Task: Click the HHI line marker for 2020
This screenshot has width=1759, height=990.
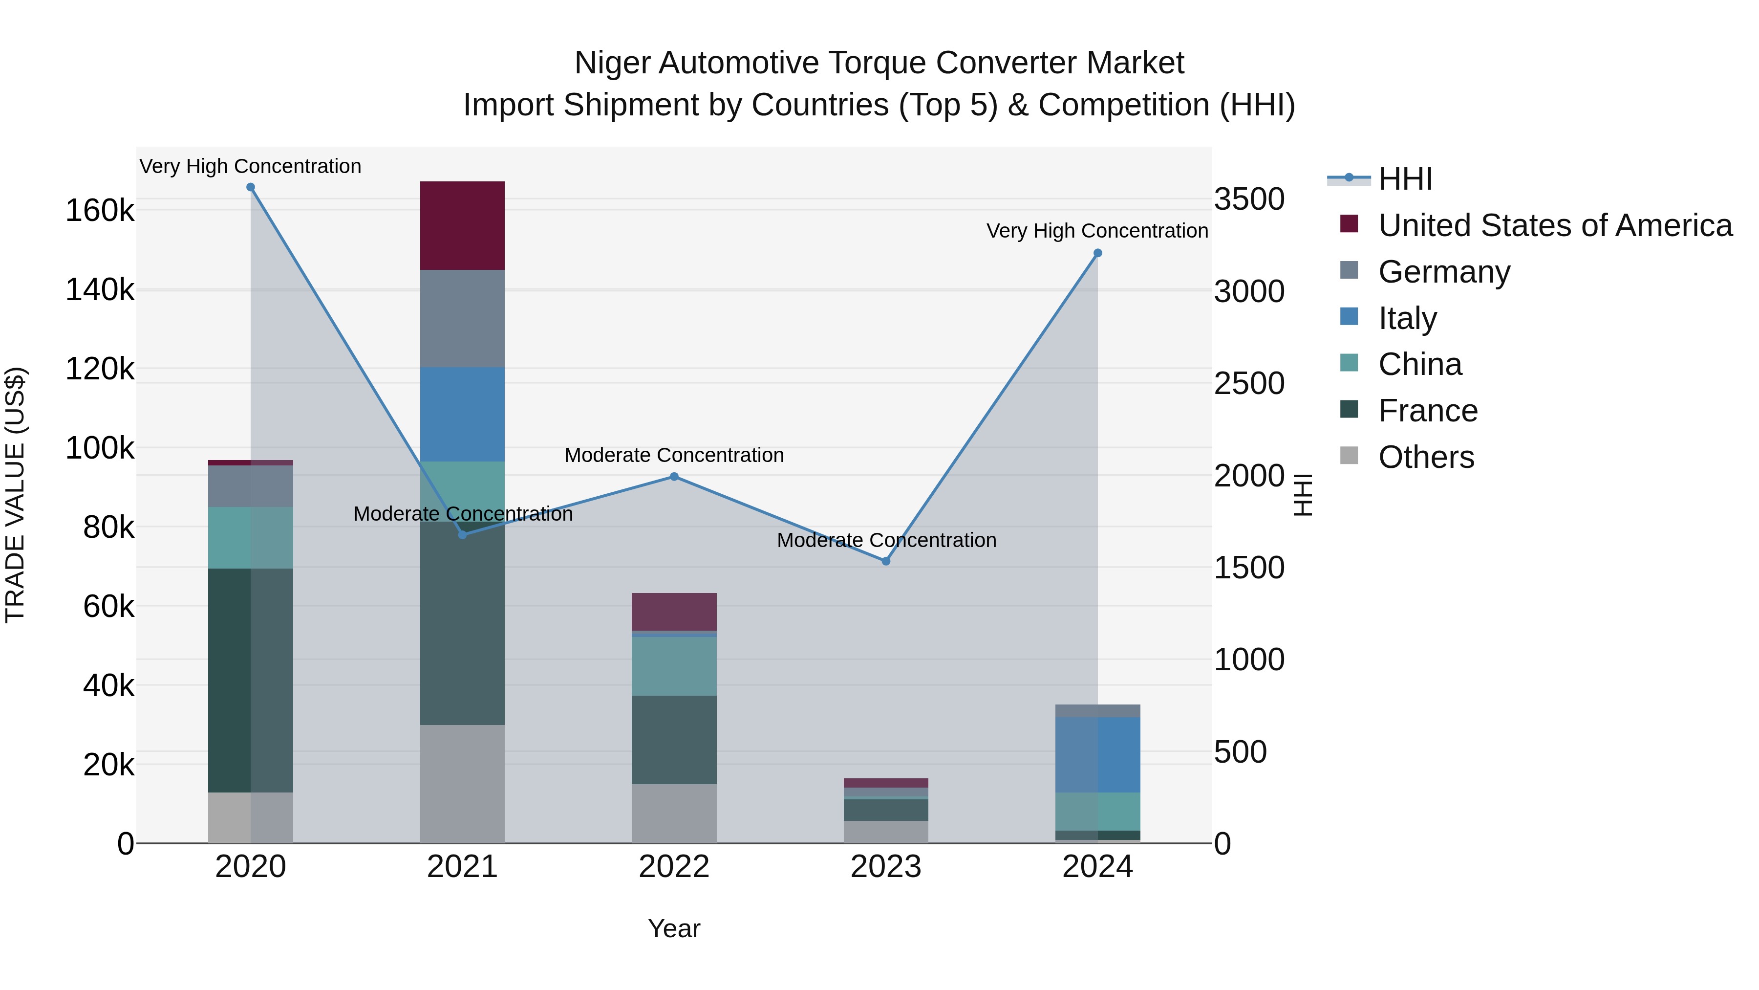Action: [251, 187]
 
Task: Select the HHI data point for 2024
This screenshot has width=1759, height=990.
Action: [1097, 253]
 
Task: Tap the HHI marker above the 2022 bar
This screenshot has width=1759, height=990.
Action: [674, 477]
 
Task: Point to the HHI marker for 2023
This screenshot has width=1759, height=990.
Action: [886, 561]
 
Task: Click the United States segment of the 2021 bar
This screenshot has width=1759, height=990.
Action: [462, 225]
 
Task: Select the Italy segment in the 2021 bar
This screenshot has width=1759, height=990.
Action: [462, 414]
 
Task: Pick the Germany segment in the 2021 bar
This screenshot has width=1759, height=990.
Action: [462, 318]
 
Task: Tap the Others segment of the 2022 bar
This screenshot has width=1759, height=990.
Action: [674, 813]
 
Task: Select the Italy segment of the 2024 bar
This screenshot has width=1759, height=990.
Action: [1097, 754]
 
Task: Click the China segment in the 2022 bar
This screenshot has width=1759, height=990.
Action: [674, 666]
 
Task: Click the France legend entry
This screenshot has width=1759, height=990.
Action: [1427, 411]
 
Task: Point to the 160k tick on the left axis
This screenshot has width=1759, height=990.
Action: [100, 210]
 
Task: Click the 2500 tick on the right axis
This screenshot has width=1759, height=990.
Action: [1249, 383]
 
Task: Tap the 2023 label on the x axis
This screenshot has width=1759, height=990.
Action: [886, 867]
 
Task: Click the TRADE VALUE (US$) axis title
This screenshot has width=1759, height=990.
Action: [16, 495]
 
